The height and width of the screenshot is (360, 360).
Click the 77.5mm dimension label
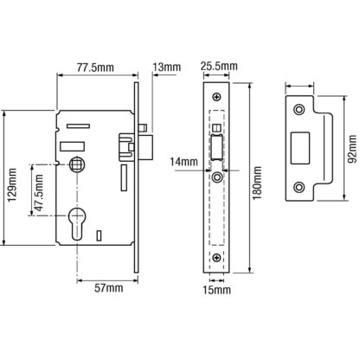tap(95, 67)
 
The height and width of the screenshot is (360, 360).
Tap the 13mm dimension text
tap(166, 67)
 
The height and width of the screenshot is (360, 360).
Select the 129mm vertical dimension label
tap(12, 185)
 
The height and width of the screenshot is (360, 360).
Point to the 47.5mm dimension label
tap(38, 193)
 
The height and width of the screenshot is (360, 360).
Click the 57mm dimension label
tap(109, 288)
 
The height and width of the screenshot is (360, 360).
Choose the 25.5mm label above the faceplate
tap(219, 66)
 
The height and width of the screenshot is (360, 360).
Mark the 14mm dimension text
tap(183, 162)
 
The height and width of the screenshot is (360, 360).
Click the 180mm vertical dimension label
tap(257, 183)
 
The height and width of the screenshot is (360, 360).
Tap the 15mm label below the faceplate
tap(216, 290)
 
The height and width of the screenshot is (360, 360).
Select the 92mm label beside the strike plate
tap(351, 150)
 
